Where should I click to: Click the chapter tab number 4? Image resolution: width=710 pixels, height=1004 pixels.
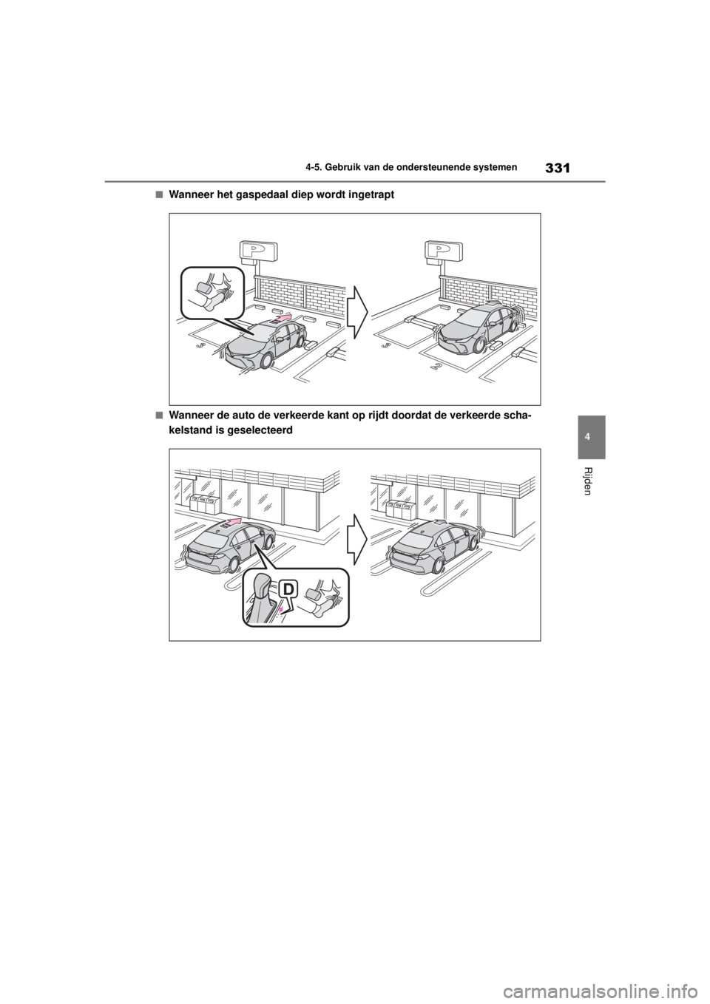[591, 437]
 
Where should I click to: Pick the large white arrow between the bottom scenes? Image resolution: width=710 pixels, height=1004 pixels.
[357, 538]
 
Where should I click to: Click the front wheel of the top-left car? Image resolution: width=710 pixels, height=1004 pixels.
[265, 362]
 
